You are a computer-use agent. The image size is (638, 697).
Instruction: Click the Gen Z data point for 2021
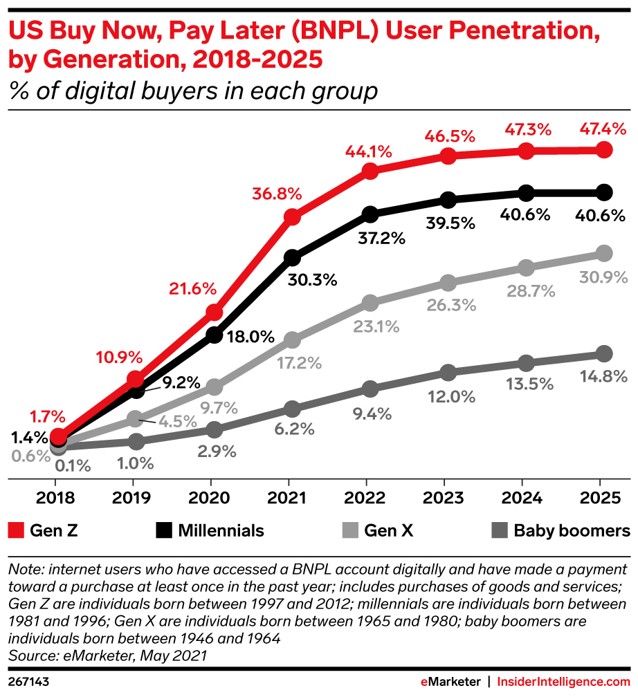coord(292,217)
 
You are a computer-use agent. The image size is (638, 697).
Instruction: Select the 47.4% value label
coord(603,129)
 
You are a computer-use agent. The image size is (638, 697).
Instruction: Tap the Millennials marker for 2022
coord(370,214)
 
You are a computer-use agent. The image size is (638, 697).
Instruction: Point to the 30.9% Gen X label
coord(603,277)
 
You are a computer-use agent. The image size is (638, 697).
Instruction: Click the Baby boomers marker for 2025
coord(603,354)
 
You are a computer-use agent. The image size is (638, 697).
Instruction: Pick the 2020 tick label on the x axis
coord(210,498)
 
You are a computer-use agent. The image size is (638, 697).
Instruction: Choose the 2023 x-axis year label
coord(444,498)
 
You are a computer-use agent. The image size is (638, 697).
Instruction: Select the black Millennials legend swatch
coord(163,531)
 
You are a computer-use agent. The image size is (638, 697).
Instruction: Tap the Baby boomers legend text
coord(572,531)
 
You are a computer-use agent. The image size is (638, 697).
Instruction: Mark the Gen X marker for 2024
coord(526,268)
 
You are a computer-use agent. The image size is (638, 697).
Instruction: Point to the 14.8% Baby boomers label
coord(603,378)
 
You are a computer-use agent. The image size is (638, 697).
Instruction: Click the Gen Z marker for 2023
coord(448,156)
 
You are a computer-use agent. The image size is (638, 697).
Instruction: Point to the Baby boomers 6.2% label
coord(293,429)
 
